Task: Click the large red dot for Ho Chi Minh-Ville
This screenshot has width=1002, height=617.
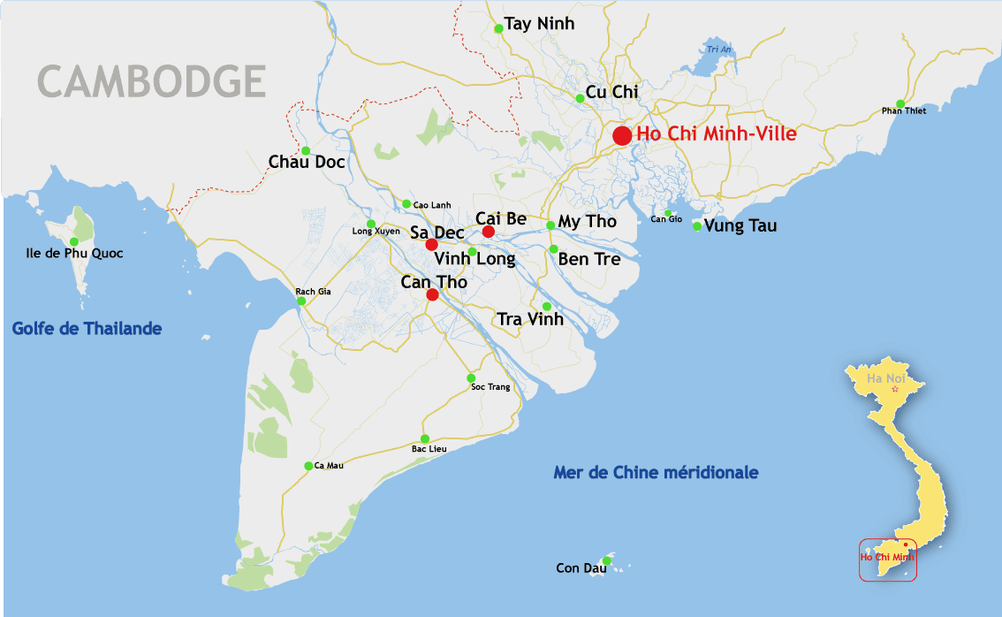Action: click(x=622, y=135)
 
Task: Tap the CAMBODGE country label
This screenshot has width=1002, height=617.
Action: click(x=152, y=81)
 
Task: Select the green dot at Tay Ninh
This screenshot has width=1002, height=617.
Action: click(x=498, y=28)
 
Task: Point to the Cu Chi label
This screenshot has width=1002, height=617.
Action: click(x=612, y=93)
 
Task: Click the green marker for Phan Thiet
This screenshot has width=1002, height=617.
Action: click(x=900, y=103)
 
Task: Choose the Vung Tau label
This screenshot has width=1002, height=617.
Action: click(x=740, y=226)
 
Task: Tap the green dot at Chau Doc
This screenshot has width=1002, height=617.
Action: click(x=306, y=150)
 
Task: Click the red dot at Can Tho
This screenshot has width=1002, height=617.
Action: click(x=432, y=295)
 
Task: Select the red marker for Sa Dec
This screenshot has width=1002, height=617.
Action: click(x=431, y=245)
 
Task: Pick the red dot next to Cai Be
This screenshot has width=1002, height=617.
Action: click(x=488, y=232)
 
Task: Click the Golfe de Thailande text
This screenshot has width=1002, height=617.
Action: click(x=87, y=329)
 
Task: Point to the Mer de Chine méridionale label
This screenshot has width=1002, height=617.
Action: click(x=656, y=473)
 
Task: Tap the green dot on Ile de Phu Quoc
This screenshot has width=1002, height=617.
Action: click(x=74, y=241)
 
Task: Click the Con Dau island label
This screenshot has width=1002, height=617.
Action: click(x=581, y=568)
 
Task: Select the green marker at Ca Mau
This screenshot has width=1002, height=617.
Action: click(x=308, y=466)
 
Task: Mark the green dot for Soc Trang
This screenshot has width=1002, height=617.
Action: click(x=471, y=378)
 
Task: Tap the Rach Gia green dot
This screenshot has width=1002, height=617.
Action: click(x=301, y=301)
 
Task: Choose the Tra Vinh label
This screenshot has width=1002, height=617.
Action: click(x=530, y=320)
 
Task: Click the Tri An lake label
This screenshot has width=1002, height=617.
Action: click(x=718, y=50)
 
